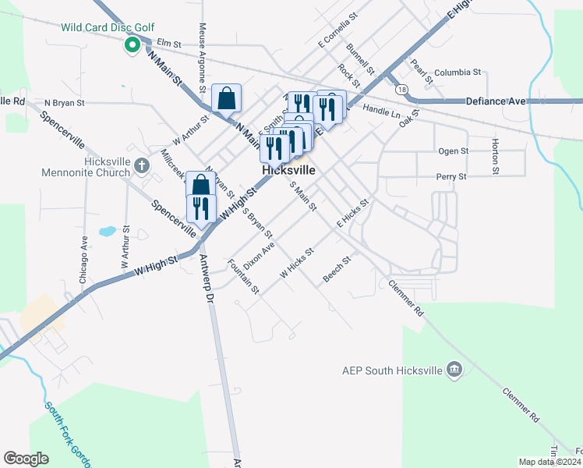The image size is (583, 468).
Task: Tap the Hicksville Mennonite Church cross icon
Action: click(141, 165)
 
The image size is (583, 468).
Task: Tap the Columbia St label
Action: click(457, 73)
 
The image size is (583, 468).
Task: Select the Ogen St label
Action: click(453, 151)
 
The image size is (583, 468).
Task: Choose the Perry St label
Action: click(450, 177)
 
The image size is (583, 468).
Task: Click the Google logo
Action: click(26, 459)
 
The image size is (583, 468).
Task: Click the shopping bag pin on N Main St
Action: click(226, 98)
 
